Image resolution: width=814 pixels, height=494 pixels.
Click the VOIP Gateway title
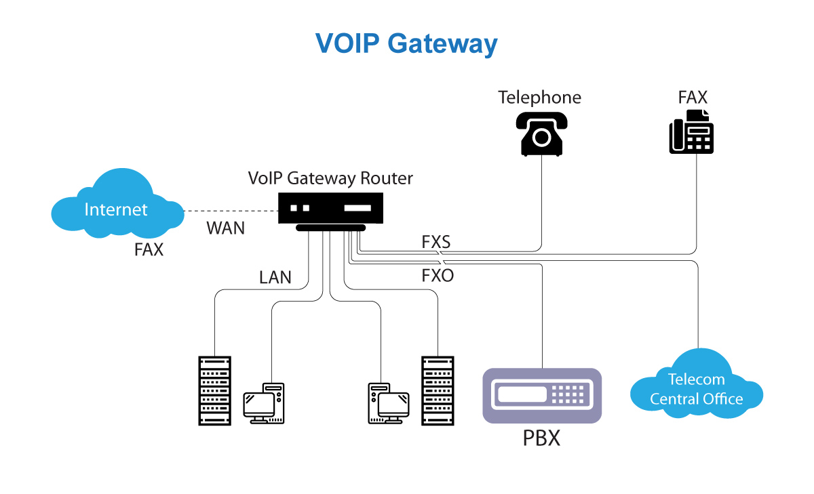click(406, 43)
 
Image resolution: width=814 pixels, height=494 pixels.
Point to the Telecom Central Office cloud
click(697, 388)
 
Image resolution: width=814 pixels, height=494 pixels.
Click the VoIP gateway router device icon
click(331, 212)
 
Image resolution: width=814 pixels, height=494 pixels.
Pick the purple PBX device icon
click(542, 395)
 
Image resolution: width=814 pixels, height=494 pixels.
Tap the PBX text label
click(541, 438)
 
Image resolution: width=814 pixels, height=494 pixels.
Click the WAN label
click(225, 228)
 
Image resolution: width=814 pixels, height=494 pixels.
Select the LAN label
click(275, 276)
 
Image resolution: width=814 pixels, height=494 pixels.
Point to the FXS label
click(436, 241)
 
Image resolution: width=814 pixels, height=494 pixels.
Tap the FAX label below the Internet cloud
click(149, 249)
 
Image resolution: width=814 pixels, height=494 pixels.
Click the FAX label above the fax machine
click(693, 97)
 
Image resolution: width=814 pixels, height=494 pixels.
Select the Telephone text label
click(539, 98)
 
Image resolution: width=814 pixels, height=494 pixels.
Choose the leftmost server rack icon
click(214, 390)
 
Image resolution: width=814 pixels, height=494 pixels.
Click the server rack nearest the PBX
click(438, 390)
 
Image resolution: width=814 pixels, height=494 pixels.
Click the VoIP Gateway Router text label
click(330, 178)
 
